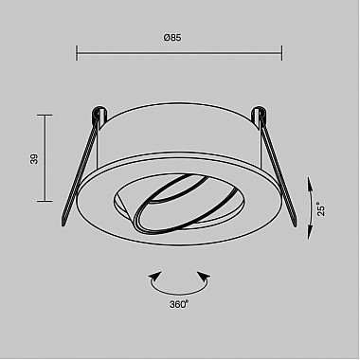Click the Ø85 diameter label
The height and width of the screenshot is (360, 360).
(172, 38)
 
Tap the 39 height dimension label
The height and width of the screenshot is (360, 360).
(34, 158)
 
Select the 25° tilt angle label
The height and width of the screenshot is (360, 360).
(321, 208)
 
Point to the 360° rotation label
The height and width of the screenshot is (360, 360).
(179, 304)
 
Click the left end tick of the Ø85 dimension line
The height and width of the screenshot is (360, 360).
(77, 53)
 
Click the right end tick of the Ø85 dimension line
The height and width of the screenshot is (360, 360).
(281, 53)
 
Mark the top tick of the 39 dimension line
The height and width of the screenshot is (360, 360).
(45, 116)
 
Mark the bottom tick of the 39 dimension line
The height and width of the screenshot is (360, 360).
(45, 201)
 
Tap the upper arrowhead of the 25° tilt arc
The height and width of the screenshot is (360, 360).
(310, 183)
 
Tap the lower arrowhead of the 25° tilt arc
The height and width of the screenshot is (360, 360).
(310, 233)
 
